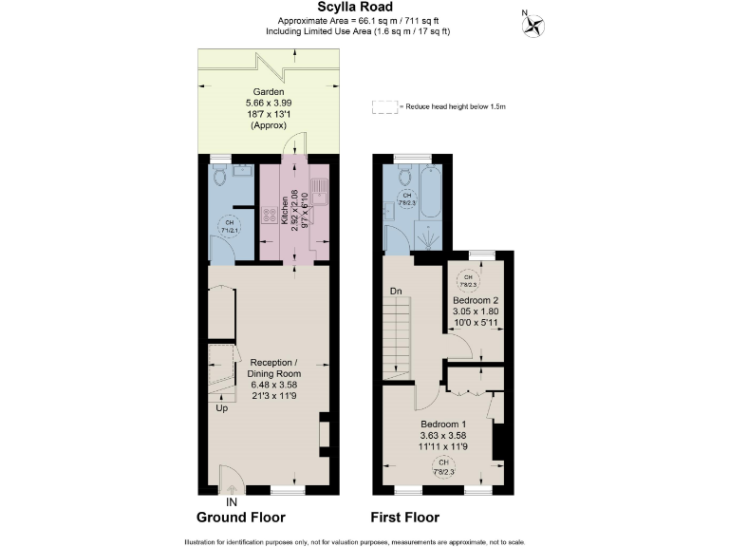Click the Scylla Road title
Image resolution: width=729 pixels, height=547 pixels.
[364, 8]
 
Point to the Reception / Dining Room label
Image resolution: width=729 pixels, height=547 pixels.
[275, 379]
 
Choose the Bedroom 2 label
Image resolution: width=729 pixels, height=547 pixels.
[475, 300]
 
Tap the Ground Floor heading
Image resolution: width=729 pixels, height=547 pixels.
[240, 518]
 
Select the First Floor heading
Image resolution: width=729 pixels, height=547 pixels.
[403, 518]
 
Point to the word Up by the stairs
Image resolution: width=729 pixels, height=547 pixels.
[220, 407]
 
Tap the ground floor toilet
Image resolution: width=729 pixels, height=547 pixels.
[220, 177]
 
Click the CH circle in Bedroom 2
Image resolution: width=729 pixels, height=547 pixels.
[467, 279]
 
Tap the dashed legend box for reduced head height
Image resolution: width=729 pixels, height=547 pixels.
[385, 107]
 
